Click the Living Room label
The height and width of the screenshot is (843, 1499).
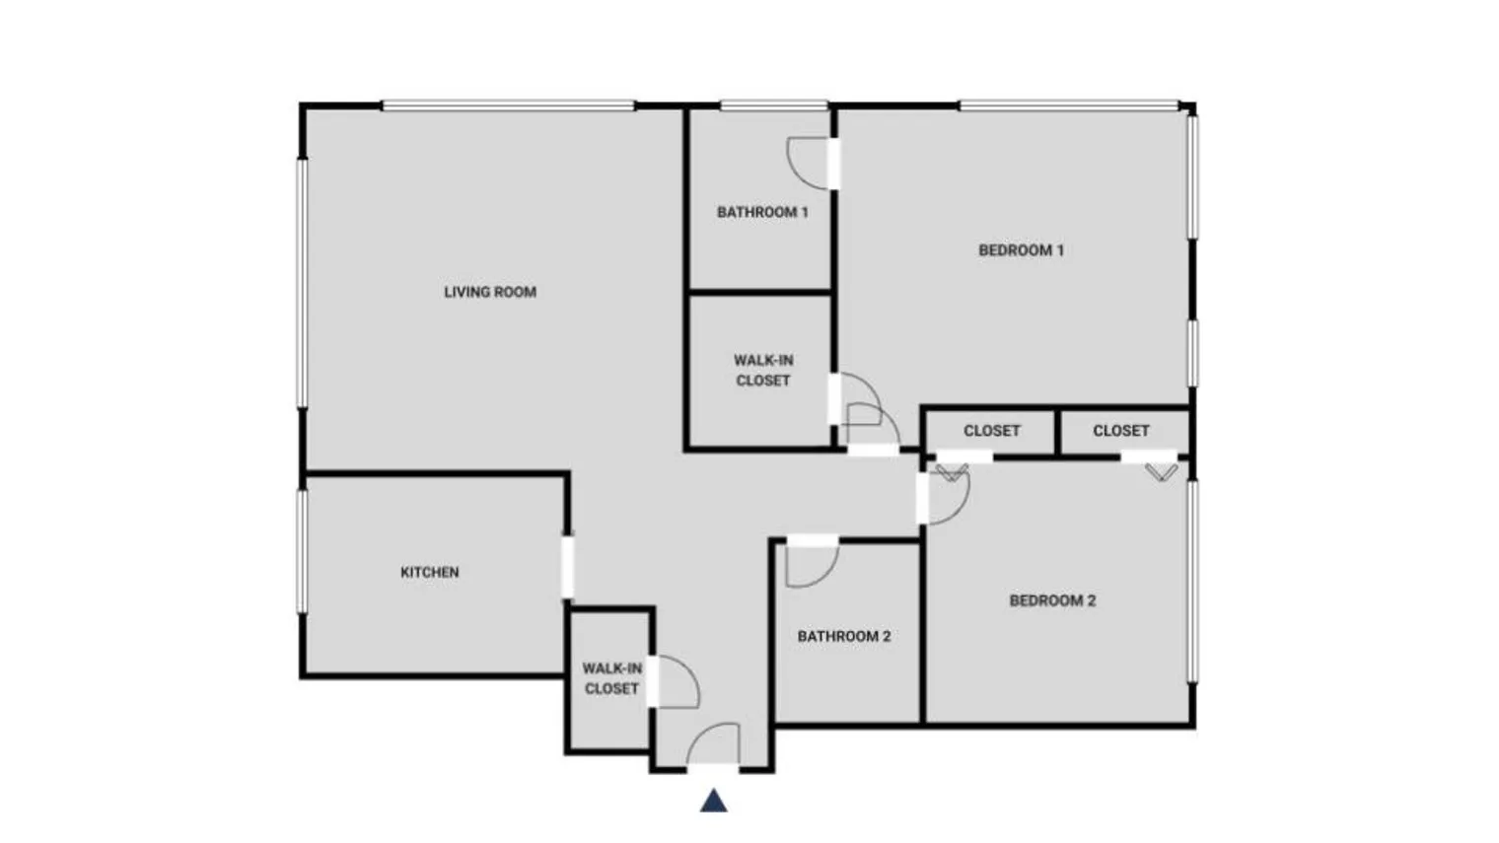[x=490, y=292]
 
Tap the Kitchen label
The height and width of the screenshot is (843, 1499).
[x=429, y=572]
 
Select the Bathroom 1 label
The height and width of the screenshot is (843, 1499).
[x=762, y=212]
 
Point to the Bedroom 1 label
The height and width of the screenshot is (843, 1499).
[x=1021, y=250]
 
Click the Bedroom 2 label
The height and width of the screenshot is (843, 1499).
[x=1052, y=600]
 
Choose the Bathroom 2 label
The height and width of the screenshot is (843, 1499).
[x=844, y=636]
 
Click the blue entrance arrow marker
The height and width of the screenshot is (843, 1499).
[x=714, y=801]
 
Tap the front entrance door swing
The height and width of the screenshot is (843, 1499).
[x=716, y=744]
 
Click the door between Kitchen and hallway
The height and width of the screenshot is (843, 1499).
[x=567, y=566]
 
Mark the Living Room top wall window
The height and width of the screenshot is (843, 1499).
[x=508, y=105]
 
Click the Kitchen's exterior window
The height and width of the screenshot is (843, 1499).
[x=303, y=552]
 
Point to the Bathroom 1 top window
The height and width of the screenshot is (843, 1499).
[x=773, y=105]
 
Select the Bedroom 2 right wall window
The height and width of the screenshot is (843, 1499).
[x=1192, y=580]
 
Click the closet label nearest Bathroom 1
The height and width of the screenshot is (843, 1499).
[x=762, y=370]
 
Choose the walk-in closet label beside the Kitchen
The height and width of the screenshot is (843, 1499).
[x=611, y=678]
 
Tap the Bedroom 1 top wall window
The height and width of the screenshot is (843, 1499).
[x=1068, y=105]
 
